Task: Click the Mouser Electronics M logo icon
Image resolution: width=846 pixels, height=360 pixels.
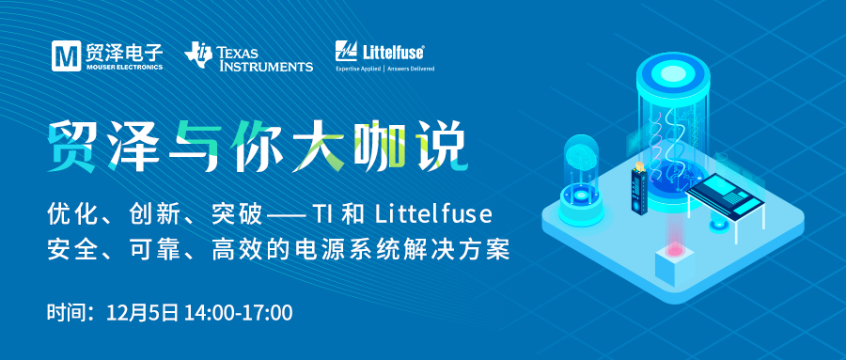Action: pyautogui.click(x=67, y=56)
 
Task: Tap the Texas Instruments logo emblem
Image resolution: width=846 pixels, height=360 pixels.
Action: pyautogui.click(x=197, y=55)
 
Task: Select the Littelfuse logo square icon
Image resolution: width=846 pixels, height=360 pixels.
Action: pyautogui.click(x=346, y=52)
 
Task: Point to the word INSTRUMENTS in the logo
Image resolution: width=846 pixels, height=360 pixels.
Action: pyautogui.click(x=264, y=67)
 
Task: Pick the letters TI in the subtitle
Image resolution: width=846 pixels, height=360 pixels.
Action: pyautogui.click(x=321, y=215)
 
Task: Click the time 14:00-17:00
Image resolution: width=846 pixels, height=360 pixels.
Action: pyautogui.click(x=239, y=313)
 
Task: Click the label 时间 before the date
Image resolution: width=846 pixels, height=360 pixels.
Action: pyautogui.click(x=64, y=313)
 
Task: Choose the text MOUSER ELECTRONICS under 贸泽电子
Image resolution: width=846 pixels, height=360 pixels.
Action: pyautogui.click(x=123, y=68)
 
